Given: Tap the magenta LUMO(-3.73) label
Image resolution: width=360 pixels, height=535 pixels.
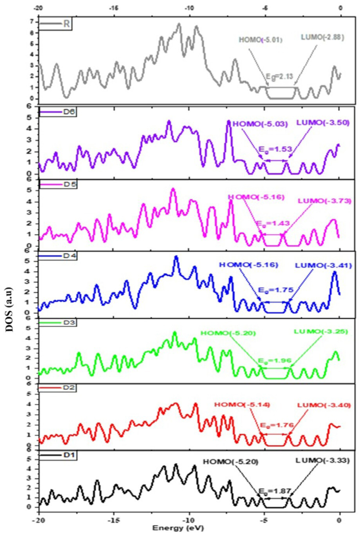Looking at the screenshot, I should (324, 200).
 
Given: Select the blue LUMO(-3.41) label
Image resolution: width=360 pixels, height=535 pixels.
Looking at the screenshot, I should (323, 265).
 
